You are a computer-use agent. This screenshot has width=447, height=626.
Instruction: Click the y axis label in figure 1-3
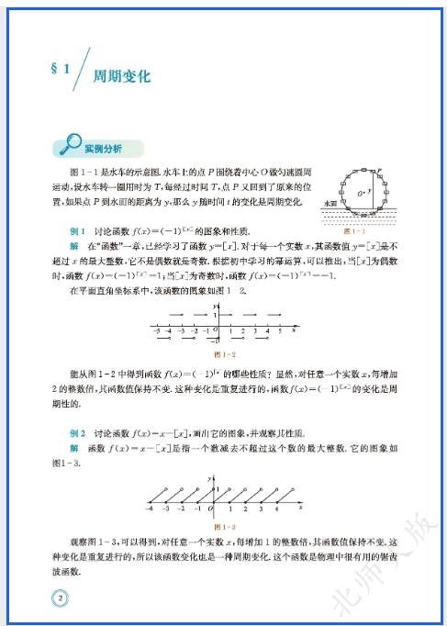tap(210, 477)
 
